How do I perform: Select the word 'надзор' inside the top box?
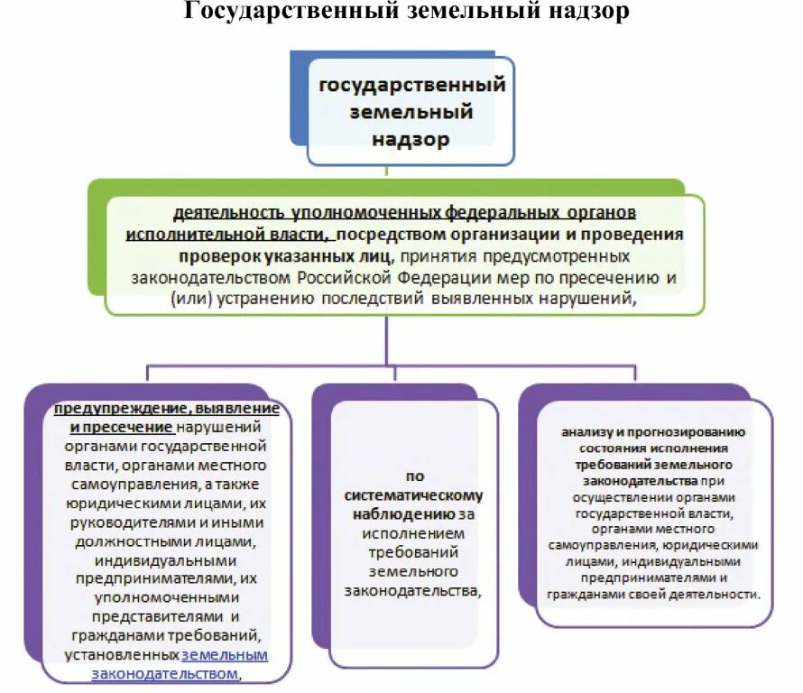coord(411,139)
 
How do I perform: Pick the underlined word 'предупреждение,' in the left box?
coord(121,408)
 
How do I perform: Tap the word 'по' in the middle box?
coord(414,476)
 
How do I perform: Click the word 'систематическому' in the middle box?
coord(414,494)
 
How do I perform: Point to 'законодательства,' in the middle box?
coord(414,590)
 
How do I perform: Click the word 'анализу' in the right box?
coord(585,431)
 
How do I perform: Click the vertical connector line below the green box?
coord(387,339)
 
